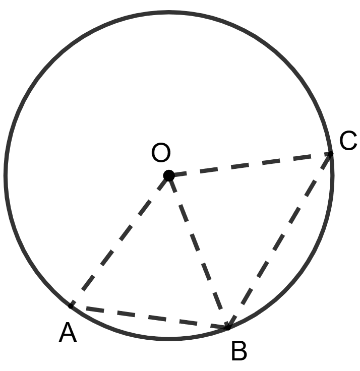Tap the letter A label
pos(68,333)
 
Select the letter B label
pos(239,351)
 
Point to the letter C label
pos(348,141)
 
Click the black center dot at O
pos(169,175)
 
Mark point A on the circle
pos(71,305)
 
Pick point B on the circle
pos(228,327)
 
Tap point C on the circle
pos(331,153)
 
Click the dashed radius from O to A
pos(120,240)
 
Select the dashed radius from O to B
pos(198,251)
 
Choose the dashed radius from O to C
pos(250,164)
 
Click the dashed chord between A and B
pos(149,317)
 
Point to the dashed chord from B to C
pos(279,240)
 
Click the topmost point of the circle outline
pos(169,12)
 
